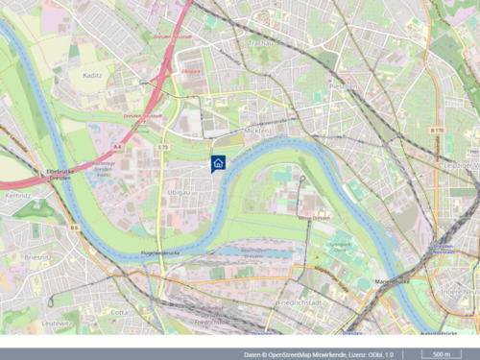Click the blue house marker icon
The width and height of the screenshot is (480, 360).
click(x=218, y=163)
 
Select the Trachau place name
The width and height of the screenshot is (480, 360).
click(x=255, y=42)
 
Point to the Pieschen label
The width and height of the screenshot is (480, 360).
click(x=343, y=85)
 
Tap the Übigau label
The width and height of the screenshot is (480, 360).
click(x=178, y=192)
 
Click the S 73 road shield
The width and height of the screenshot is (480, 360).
click(x=163, y=146)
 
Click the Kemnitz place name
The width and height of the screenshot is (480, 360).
click(x=17, y=194)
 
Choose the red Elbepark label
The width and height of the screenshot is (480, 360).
click(x=193, y=70)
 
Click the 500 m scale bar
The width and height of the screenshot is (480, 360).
click(x=442, y=353)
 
